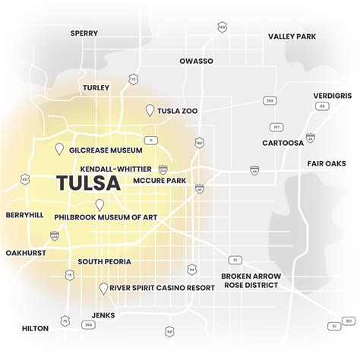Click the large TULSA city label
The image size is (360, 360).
[x=88, y=184]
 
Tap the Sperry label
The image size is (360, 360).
[x=84, y=33]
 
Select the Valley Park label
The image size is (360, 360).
[x=292, y=36]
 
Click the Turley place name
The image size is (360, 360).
[x=98, y=87]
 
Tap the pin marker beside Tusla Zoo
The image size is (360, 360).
[x=150, y=111]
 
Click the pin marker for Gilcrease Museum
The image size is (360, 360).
[x=58, y=150]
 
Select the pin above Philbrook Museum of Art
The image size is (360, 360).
[x=99, y=204]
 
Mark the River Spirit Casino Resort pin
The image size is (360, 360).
[x=103, y=289]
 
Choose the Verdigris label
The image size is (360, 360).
[x=332, y=95]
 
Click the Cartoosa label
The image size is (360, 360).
[x=283, y=142]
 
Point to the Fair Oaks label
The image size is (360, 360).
[x=327, y=163]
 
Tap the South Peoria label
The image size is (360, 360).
[x=104, y=261]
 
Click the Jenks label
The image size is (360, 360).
[x=103, y=314]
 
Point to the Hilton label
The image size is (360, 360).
[x=35, y=328]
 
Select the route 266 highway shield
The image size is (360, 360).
[x=270, y=100]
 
